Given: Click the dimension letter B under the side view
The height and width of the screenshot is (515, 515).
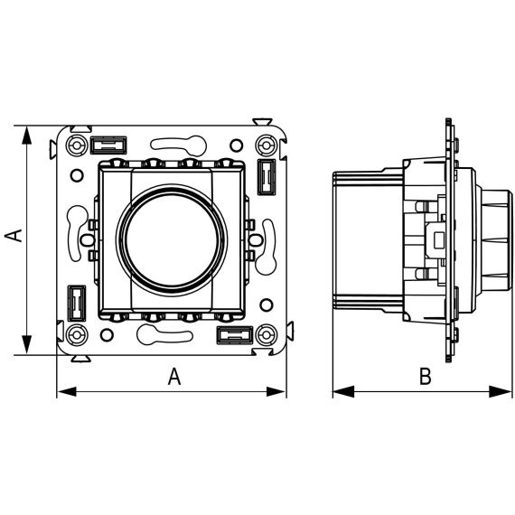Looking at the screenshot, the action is pyautogui.click(x=425, y=377).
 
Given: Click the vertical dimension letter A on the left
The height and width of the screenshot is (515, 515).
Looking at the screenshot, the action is pyautogui.click(x=14, y=236).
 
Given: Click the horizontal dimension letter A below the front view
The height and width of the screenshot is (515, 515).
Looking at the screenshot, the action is pyautogui.click(x=174, y=377).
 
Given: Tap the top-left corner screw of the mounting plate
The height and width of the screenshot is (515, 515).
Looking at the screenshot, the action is pyautogui.click(x=77, y=145).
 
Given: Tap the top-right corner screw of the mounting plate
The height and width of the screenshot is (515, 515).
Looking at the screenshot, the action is pyautogui.click(x=266, y=145).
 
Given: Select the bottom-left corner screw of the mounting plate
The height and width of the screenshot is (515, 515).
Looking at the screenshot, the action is pyautogui.click(x=77, y=335).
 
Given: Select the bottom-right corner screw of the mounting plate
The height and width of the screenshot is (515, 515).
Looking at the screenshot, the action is pyautogui.click(x=266, y=335).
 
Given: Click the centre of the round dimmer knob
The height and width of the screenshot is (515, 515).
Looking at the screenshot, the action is pyautogui.click(x=172, y=239).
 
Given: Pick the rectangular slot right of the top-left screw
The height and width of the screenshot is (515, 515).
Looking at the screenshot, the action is pyautogui.click(x=108, y=145).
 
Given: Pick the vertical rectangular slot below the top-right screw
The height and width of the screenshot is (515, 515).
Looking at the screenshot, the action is pyautogui.click(x=266, y=177).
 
